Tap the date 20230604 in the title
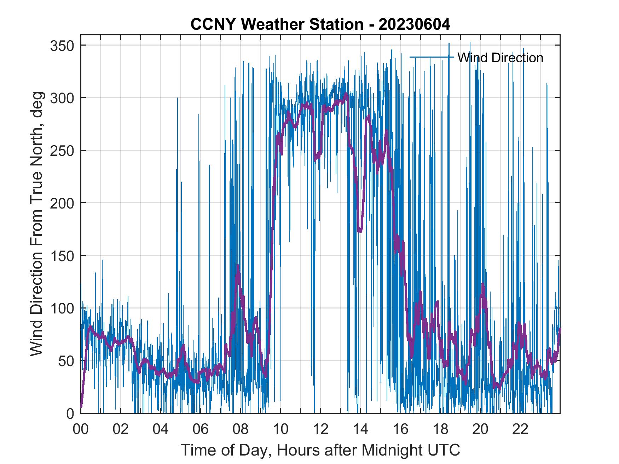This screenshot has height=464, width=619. click(x=414, y=24)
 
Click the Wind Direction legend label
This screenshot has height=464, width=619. click(x=500, y=58)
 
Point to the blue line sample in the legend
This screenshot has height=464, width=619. click(x=432, y=57)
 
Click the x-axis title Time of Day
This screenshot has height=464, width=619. click(x=320, y=450)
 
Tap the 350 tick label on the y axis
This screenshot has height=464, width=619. click(x=61, y=46)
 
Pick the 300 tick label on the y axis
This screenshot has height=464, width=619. click(x=61, y=98)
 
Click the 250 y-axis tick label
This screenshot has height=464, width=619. click(x=61, y=151)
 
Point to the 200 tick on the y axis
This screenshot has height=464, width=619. click(x=61, y=203)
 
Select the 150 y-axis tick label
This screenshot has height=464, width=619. click(x=61, y=256)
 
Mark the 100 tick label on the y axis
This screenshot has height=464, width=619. click(x=61, y=308)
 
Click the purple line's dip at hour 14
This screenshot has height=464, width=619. click(x=360, y=231)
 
